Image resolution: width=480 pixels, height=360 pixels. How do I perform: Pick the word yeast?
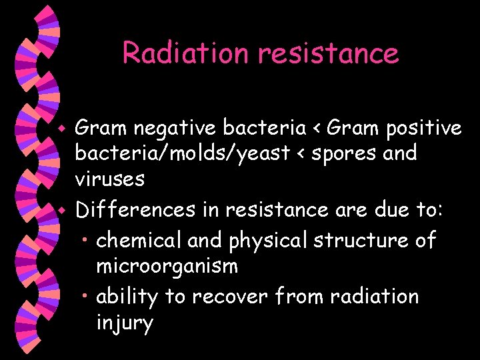263,154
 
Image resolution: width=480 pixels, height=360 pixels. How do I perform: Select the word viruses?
109,179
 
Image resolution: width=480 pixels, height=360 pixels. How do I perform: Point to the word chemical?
139,239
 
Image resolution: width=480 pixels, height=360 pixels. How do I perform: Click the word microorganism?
167,267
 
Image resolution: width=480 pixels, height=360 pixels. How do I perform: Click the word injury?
125,325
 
